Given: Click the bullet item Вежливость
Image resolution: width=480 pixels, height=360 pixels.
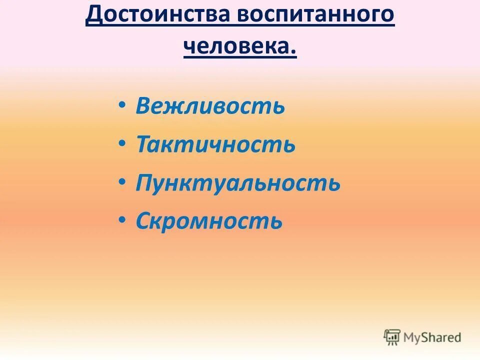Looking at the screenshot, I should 210,106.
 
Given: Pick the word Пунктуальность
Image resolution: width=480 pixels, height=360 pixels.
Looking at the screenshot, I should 238,183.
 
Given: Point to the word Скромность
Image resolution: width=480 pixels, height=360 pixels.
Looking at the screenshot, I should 209,221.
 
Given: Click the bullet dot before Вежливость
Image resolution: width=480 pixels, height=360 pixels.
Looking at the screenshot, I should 122,105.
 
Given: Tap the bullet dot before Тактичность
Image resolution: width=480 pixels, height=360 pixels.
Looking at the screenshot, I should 122,144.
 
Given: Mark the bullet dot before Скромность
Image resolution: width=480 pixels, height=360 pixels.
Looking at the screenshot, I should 122,220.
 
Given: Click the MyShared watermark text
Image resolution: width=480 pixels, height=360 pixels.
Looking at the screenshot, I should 433,337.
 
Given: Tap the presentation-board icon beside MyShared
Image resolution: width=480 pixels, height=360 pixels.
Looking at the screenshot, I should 392,337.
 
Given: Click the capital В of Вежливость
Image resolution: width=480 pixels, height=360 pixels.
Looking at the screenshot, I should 143,106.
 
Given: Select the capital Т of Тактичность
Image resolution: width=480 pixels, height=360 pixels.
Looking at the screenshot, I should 143,144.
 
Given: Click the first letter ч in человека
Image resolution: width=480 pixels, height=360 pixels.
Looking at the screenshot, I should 189,48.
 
